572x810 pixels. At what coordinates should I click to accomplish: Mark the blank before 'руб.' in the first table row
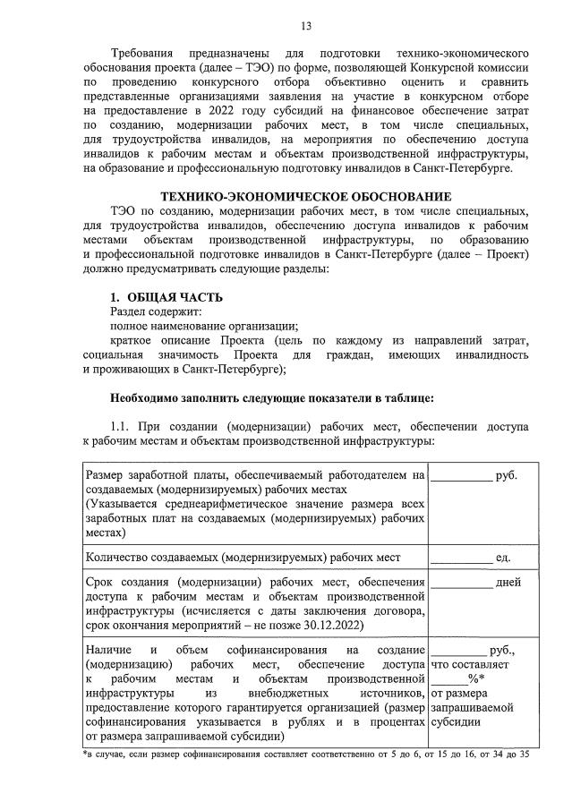pyautogui.click(x=462, y=477)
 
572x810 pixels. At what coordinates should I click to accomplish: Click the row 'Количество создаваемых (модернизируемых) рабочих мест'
pyautogui.click(x=242, y=558)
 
